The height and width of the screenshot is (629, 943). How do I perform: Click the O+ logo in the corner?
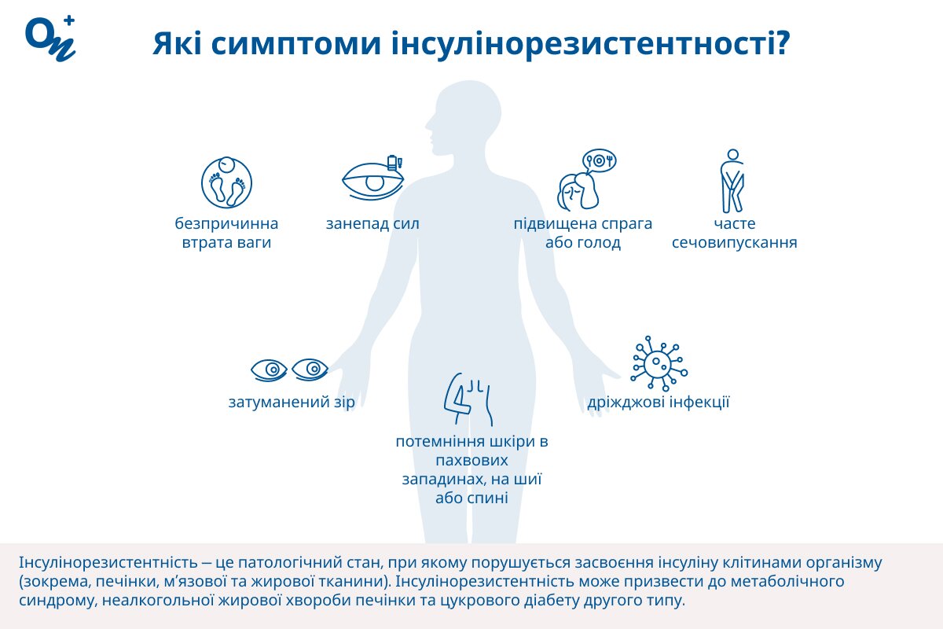click(x=50, y=39)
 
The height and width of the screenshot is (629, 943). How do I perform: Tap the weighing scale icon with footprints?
click(x=226, y=182)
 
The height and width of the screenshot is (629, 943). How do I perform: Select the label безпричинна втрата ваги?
click(x=226, y=233)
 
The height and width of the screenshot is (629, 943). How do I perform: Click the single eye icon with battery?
click(x=373, y=178)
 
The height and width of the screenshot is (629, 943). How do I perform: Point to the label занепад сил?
click(x=372, y=224)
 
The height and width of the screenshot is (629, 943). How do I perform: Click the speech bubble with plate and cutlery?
click(x=600, y=161)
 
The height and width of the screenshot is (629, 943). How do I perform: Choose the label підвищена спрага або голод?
click(x=582, y=233)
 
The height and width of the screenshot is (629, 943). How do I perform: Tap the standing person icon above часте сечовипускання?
click(x=732, y=181)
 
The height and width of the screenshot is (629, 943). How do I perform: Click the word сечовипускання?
click(x=735, y=243)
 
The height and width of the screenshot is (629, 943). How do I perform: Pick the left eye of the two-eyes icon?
click(x=269, y=370)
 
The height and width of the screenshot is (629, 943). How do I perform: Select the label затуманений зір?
click(x=292, y=403)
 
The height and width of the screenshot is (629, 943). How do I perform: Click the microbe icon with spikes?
click(x=659, y=363)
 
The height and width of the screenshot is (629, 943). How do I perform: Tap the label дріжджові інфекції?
click(x=658, y=403)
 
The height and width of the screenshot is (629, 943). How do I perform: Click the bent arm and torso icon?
click(x=468, y=399)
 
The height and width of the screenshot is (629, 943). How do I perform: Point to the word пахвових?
click(x=472, y=461)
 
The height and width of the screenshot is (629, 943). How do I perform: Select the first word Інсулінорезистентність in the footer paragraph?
click(x=108, y=562)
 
